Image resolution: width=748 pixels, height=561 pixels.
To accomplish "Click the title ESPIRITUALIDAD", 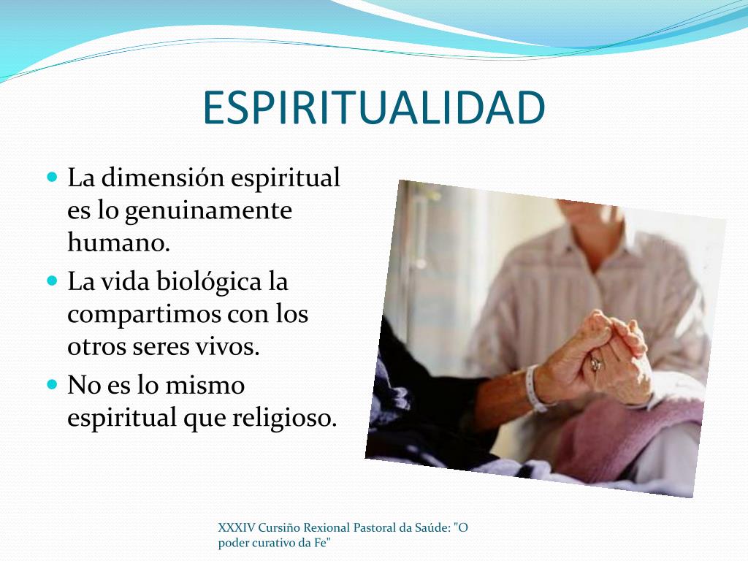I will [373, 109].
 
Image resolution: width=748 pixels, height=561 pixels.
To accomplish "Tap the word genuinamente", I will [208, 211].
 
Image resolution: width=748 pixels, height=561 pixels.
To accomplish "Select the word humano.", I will [118, 243].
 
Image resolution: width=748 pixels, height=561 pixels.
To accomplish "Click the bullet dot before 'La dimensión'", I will [52, 178].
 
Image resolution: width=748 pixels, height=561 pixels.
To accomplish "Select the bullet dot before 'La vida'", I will [52, 280].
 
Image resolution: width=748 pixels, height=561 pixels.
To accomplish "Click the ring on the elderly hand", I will [596, 363].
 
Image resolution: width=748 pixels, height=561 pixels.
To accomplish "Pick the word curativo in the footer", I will [274, 542].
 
